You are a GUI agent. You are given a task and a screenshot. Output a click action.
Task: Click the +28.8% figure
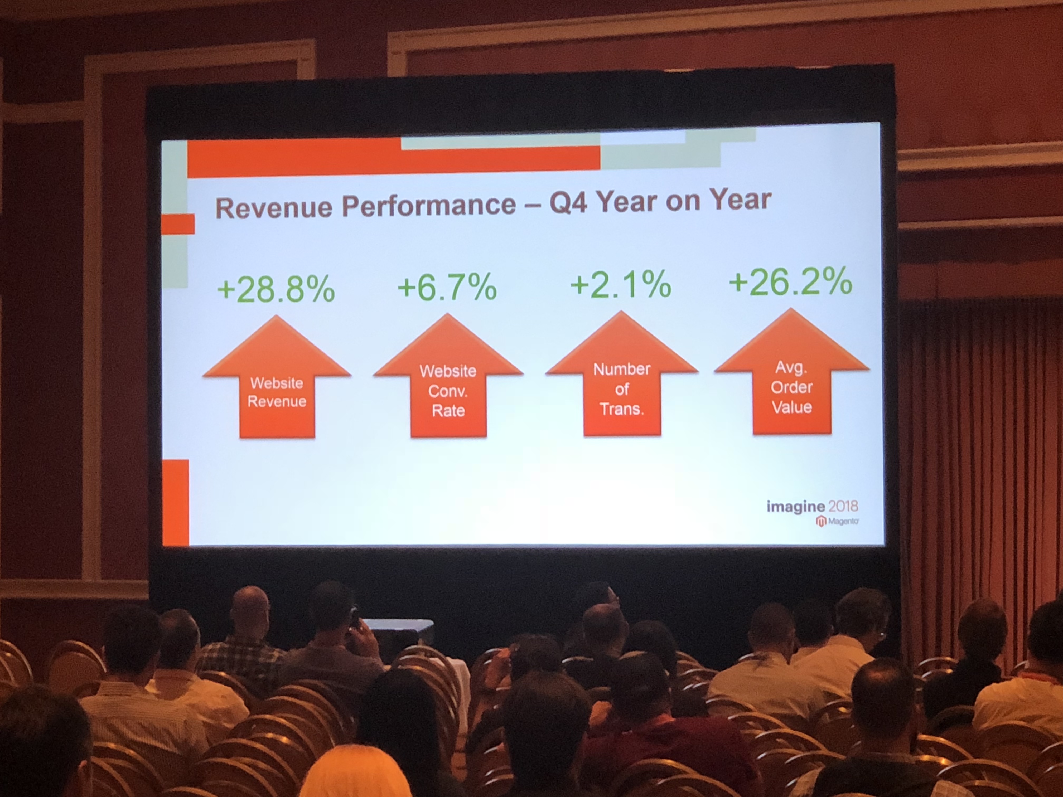[276, 289]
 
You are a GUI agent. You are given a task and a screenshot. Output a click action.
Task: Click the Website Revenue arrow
[277, 377]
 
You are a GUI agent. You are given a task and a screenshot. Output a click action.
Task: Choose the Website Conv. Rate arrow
[448, 376]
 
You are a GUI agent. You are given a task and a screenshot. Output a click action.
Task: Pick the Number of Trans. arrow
[622, 374]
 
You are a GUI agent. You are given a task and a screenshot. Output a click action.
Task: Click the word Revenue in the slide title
[274, 207]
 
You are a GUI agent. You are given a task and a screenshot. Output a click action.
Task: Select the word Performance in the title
[429, 205]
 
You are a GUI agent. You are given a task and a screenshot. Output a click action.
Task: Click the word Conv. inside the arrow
[448, 391]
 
